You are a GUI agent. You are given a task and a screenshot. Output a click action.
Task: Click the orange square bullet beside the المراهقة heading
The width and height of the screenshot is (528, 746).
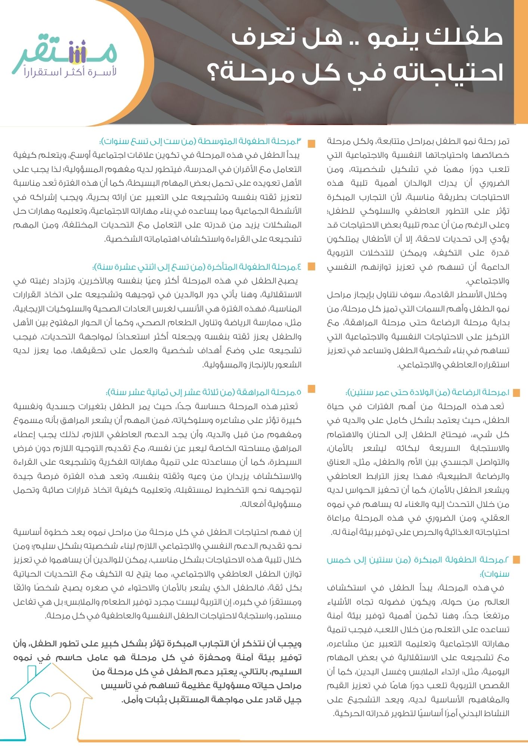tap(311, 389)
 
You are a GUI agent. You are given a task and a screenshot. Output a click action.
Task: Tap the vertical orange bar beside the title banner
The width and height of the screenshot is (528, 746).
tap(521, 62)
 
